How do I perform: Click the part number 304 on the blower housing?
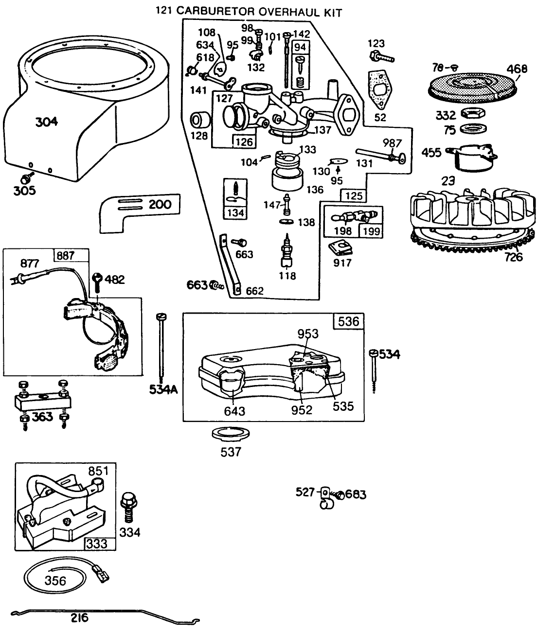47,122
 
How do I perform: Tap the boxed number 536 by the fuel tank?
348,321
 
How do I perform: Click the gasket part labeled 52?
379,92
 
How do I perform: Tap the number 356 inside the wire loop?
55,580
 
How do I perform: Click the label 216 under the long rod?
79,618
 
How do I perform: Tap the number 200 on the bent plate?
160,204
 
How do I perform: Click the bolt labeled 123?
382,58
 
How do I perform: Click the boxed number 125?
354,196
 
